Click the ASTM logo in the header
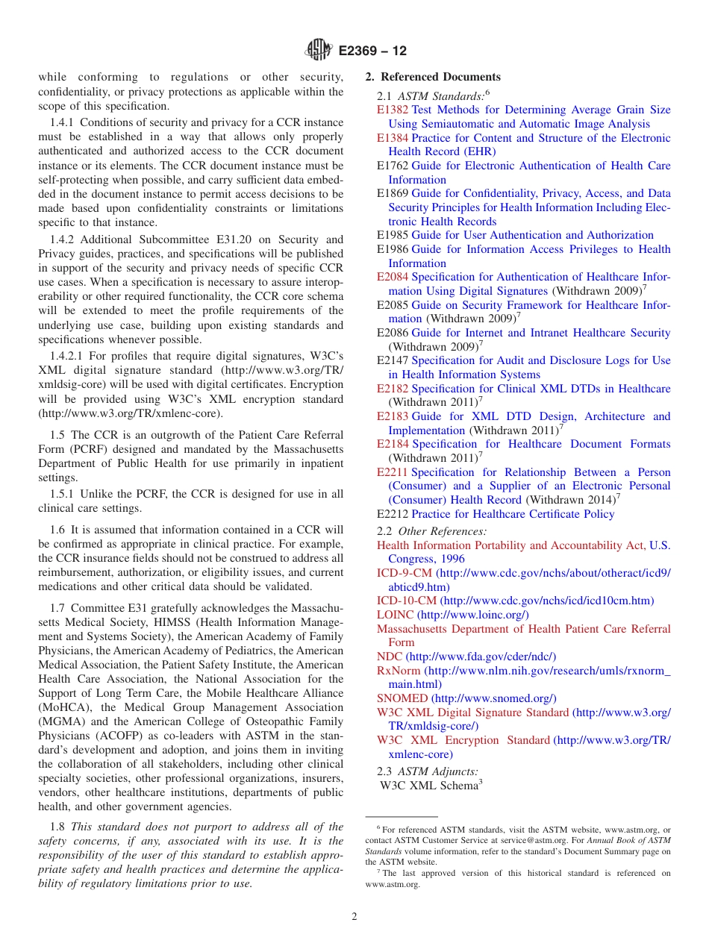[x=319, y=51]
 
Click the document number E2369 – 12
[x=372, y=51]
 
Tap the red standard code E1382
[x=393, y=110]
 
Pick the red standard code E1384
[x=393, y=138]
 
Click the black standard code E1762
[x=393, y=166]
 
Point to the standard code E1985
[x=393, y=235]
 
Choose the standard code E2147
[x=393, y=360]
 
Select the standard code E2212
[x=393, y=514]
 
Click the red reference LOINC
[x=395, y=615]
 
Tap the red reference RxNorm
[x=399, y=671]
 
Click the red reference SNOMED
[x=403, y=698]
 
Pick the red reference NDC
[x=390, y=657]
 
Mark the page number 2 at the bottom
[x=354, y=917]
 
